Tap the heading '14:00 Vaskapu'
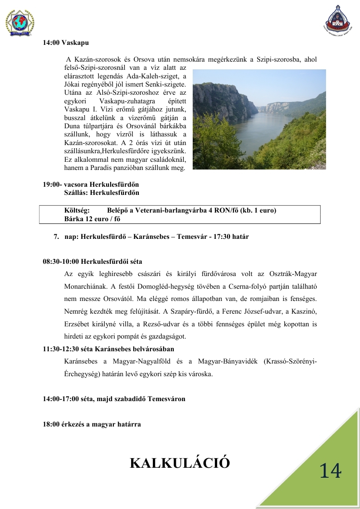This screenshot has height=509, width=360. pyautogui.click(x=66, y=43)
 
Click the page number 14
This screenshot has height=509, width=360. pyautogui.click(x=330, y=471)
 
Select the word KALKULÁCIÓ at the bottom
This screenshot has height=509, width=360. pyautogui.click(x=180, y=463)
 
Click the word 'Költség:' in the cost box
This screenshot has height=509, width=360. pyautogui.click(x=77, y=210)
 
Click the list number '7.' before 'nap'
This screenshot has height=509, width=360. pyautogui.click(x=57, y=237)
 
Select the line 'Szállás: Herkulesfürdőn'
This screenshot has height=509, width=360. pyautogui.click(x=102, y=193)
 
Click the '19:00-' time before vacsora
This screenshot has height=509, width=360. pyautogui.click(x=53, y=184)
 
